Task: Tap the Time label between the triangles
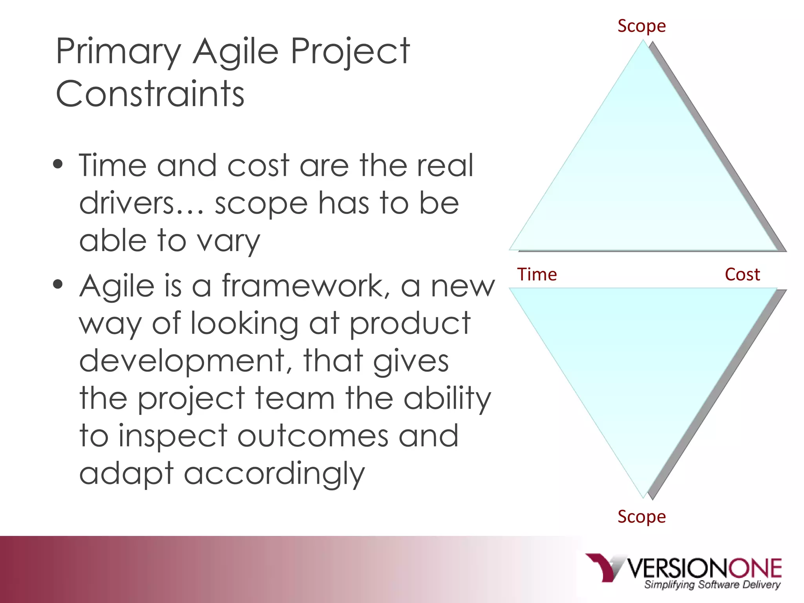(537, 274)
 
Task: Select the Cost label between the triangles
(742, 274)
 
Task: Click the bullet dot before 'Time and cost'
(58, 164)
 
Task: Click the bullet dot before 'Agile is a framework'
(58, 284)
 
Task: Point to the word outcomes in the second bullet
(312, 436)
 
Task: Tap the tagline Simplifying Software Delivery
(712, 585)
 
